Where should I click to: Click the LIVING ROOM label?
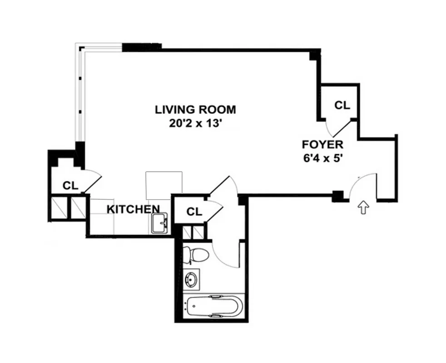click(195, 109)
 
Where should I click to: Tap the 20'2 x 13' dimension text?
click(195, 123)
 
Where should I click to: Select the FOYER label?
click(322, 145)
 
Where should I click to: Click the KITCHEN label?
click(134, 209)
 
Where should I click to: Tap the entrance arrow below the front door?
click(363, 208)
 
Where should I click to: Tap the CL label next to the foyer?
click(342, 105)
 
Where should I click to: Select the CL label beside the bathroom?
click(194, 211)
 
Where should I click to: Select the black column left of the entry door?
click(337, 196)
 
